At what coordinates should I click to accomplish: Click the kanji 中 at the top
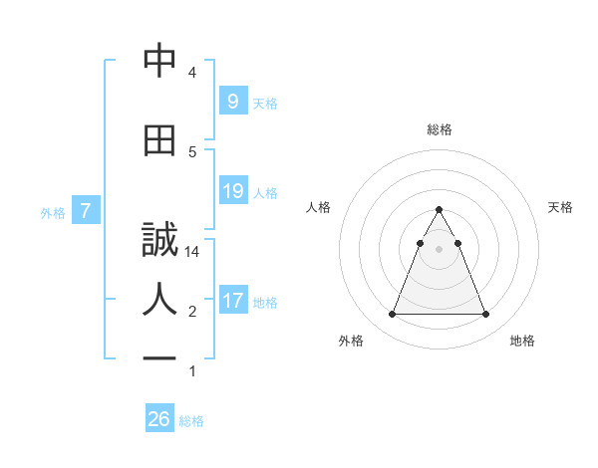pos(159,62)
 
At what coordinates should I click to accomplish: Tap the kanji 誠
pos(159,241)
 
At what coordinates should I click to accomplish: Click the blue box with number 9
pos(232,102)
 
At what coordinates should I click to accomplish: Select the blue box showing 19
pos(232,191)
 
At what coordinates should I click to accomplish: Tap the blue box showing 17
pos(232,301)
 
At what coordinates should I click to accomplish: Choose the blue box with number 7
pos(86,211)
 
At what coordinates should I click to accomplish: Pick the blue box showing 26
pos(158,419)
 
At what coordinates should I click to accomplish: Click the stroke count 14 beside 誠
pos(192,252)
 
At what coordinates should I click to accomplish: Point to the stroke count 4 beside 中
pos(192,73)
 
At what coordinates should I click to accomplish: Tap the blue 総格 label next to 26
pos(191,421)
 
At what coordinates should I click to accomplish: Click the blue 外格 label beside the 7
pos(52,212)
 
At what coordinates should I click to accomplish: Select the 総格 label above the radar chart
pos(440,129)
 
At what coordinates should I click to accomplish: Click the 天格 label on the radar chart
pos(560,207)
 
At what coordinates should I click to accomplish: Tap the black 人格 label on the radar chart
pos(319,207)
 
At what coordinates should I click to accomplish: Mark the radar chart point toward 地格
pos(485,315)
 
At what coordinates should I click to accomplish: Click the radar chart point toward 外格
pos(392,315)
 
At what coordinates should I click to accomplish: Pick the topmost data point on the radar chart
pos(439,210)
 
